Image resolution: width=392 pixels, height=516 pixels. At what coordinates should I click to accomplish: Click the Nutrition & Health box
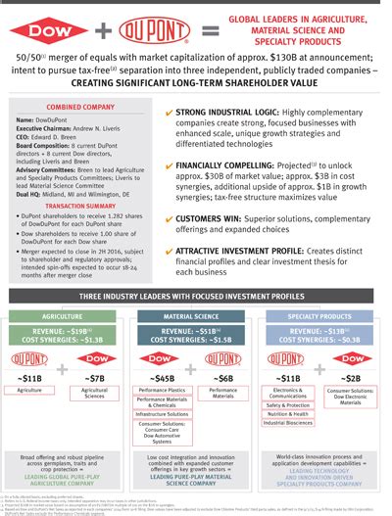288,413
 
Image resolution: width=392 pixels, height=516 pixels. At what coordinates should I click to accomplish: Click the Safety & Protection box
288,403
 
